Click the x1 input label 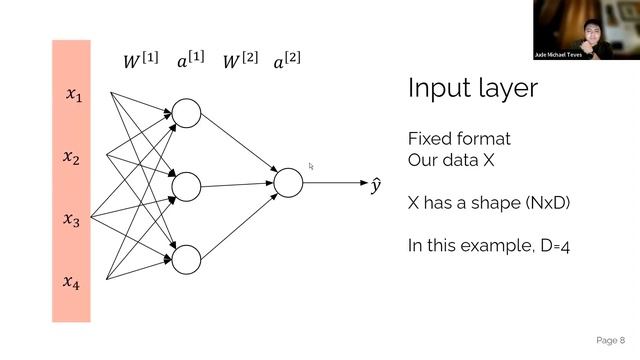point(73,95)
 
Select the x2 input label point(73,158)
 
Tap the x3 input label point(72,220)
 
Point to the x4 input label point(73,283)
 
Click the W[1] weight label point(138,61)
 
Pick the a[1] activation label point(190,61)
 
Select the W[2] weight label point(239,61)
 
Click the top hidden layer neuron point(186,113)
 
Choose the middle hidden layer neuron point(186,186)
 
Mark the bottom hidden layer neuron point(186,260)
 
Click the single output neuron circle point(288,182)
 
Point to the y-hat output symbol point(376,185)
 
